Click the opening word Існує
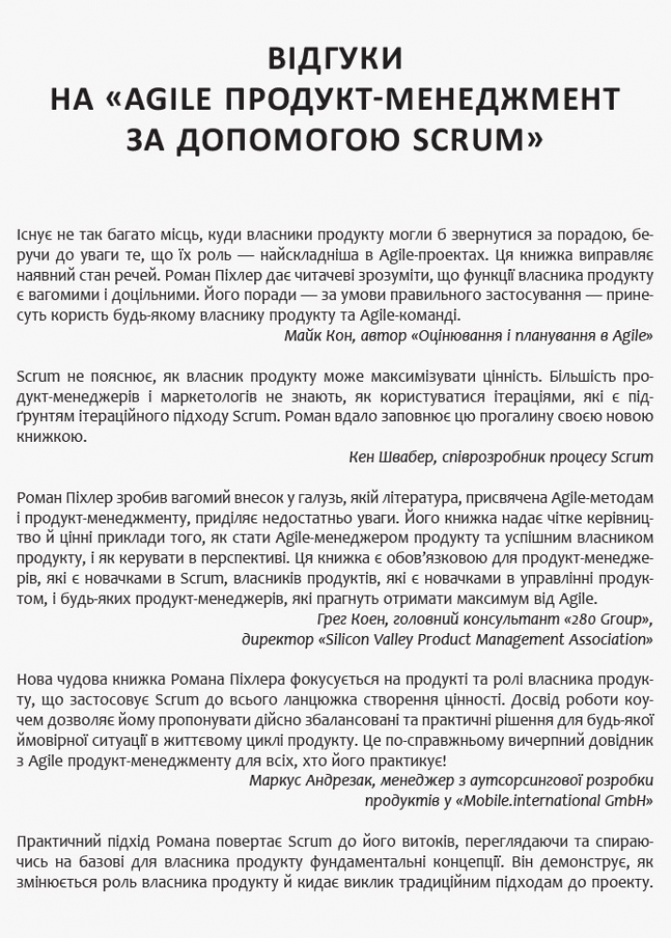36,234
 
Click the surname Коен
381,620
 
